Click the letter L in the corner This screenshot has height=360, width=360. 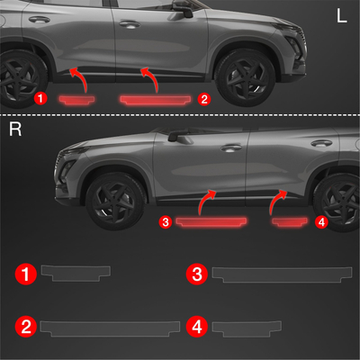tap(342, 15)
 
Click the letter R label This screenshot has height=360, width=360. tap(15, 129)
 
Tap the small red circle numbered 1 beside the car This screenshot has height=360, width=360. tap(40, 98)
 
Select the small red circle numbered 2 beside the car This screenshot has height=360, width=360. tap(204, 99)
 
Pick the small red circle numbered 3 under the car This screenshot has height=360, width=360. tap(166, 222)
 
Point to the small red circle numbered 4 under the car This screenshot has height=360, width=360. tap(321, 222)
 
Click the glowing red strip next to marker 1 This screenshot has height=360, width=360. tap(76, 100)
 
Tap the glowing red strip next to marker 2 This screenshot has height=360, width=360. tap(156, 100)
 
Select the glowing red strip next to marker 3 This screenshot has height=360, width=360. tap(211, 222)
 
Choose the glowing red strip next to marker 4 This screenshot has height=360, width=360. tap(290, 222)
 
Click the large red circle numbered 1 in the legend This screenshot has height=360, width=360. tap(26, 274)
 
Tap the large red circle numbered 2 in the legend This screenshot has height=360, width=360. tap(26, 327)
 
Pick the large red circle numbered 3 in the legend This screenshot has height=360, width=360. tap(197, 274)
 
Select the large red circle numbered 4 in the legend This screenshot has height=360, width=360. tap(197, 327)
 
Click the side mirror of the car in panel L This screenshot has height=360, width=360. tap(183, 9)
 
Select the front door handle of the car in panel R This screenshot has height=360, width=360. tap(231, 148)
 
